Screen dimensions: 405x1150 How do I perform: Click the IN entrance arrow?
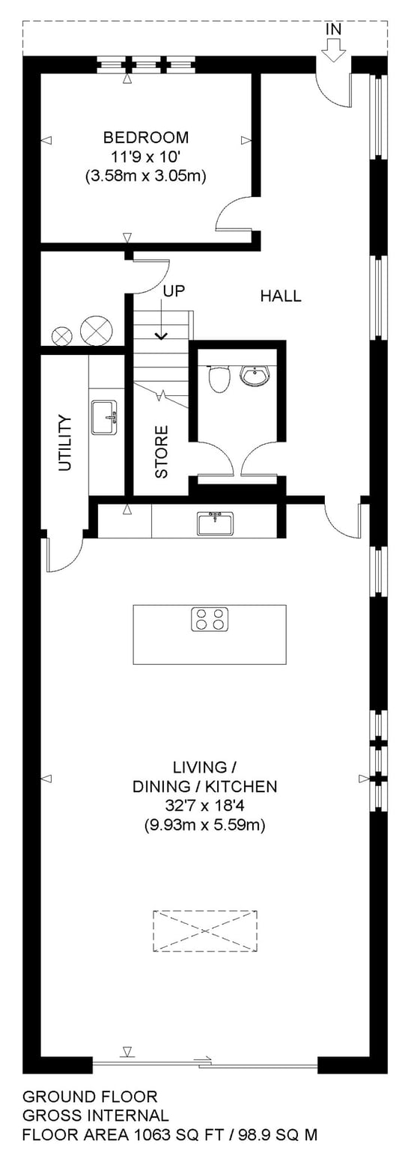(334, 50)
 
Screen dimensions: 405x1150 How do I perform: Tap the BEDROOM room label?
(146, 138)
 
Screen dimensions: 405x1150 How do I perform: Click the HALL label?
(281, 296)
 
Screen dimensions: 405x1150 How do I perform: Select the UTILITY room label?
(64, 442)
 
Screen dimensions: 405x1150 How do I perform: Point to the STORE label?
(161, 451)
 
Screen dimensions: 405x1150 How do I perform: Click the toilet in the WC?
(218, 377)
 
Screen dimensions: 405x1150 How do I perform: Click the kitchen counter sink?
(216, 523)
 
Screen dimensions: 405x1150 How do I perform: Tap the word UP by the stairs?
(174, 291)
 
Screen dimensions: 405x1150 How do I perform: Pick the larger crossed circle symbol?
(96, 329)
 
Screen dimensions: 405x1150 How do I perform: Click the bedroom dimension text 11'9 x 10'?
(146, 156)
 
